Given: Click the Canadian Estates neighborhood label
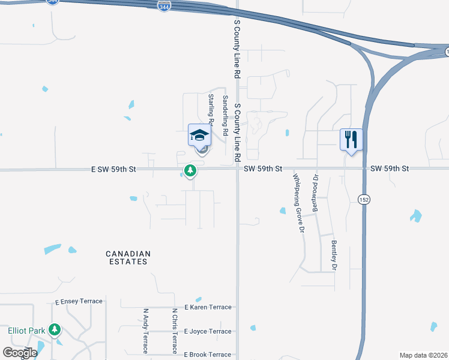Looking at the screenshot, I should click(128, 258).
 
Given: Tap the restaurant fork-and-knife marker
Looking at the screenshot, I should click(351, 140).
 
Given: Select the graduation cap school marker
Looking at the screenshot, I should click(199, 136).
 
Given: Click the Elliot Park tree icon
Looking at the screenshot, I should click(55, 329).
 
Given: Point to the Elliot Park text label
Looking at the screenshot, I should click(26, 331).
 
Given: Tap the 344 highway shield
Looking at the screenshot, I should click(164, 5).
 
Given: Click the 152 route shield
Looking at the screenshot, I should click(363, 200).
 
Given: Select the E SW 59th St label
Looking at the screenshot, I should click(114, 170).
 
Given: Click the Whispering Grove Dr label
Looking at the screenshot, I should click(297, 203).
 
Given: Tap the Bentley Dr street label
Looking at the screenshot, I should click(334, 255).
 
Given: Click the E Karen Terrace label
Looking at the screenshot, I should click(208, 307).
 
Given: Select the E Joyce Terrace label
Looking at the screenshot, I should click(208, 331).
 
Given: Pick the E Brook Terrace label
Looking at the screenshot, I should click(208, 355).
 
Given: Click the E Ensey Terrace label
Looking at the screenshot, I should click(80, 302).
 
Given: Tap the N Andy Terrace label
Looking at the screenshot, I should click(145, 331).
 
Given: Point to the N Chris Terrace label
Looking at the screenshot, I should click(174, 331).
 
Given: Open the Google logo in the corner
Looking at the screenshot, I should click(20, 352).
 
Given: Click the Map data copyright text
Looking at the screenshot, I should click(423, 355).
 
